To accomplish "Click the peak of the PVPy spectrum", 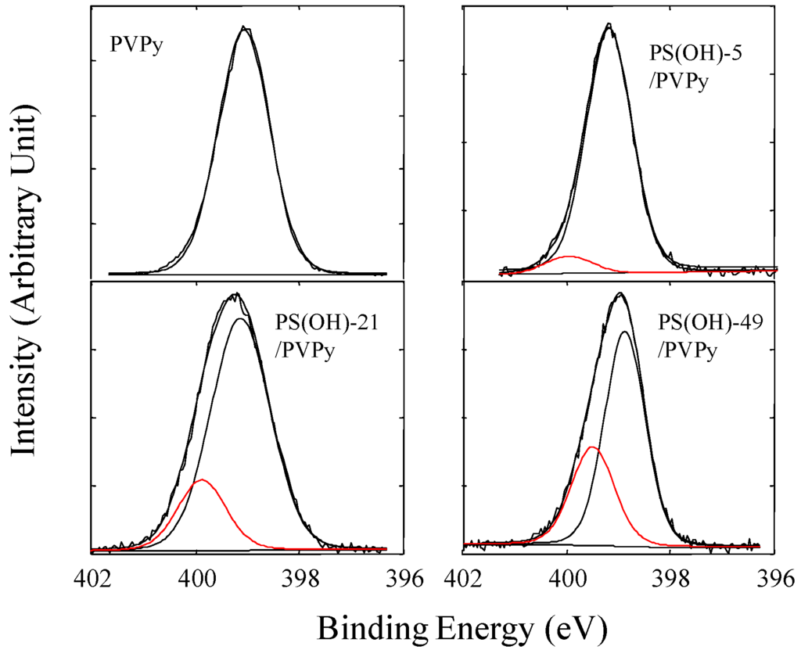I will pyautogui.click(x=245, y=28).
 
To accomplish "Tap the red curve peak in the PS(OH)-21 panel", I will pyautogui.click(x=203, y=479).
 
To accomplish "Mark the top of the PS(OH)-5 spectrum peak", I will pyautogui.click(x=609, y=25).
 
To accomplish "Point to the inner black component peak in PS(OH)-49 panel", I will pyautogui.click(x=624, y=332).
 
